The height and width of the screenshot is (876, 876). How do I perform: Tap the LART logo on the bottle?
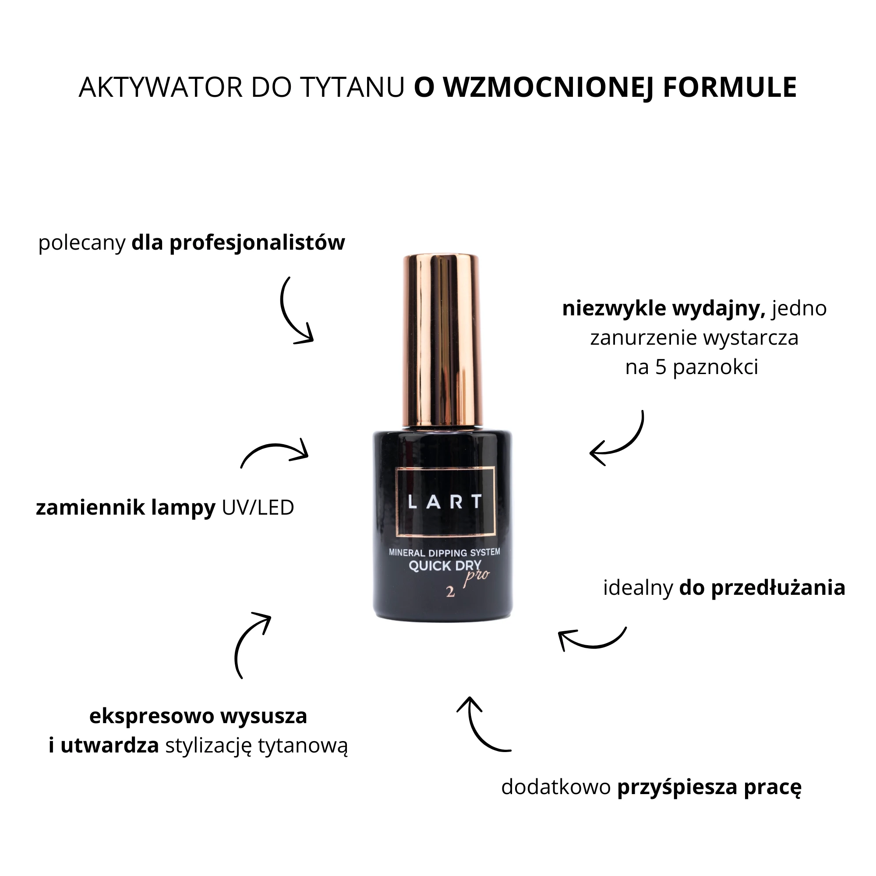[x=445, y=502]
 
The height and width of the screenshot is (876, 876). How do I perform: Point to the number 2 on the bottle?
[x=450, y=592]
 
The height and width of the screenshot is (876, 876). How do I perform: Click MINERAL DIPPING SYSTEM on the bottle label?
[x=444, y=552]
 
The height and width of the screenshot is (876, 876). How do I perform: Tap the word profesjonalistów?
[x=257, y=243]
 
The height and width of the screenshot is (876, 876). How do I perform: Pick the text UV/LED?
[x=258, y=507]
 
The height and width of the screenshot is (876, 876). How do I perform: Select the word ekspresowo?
[x=152, y=717]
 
